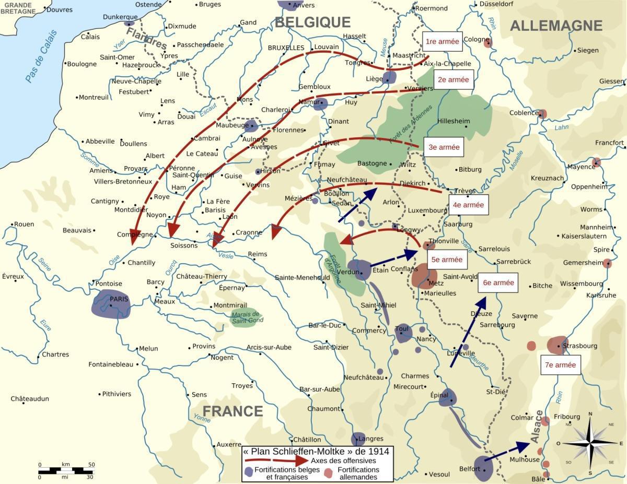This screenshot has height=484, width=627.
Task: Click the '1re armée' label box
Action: (x=442, y=42)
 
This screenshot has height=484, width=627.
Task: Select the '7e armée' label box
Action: (x=561, y=365)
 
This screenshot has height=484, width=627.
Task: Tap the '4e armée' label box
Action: (x=468, y=205)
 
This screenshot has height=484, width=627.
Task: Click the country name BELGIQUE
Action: (x=312, y=22)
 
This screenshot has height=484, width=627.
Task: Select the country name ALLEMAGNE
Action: (x=556, y=26)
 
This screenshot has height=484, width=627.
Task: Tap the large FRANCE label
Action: (x=233, y=411)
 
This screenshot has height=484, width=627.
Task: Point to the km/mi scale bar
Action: (x=65, y=470)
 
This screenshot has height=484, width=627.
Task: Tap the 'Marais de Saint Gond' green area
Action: (x=247, y=317)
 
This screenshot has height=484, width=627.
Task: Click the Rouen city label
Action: (x=24, y=224)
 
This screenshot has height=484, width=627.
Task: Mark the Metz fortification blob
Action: (x=424, y=277)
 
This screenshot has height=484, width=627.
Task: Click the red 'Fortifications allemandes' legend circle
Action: (x=328, y=474)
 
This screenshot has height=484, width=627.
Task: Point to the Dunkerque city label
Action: (x=120, y=17)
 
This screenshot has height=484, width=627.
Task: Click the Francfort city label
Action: (x=609, y=143)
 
